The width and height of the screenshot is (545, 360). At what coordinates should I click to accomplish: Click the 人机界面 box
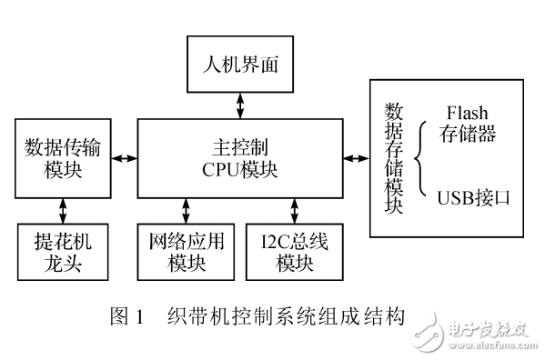pyautogui.click(x=240, y=65)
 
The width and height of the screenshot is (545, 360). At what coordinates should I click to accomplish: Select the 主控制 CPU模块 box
pyautogui.click(x=240, y=157)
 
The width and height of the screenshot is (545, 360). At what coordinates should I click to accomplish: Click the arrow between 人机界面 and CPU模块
pyautogui.click(x=240, y=104)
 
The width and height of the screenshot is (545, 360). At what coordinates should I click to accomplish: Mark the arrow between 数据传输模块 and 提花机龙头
pyautogui.click(x=62, y=210)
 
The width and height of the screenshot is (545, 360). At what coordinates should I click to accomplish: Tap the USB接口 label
pyautogui.click(x=469, y=195)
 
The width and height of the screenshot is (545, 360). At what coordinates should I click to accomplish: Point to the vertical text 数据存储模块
pyautogui.click(x=394, y=158)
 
